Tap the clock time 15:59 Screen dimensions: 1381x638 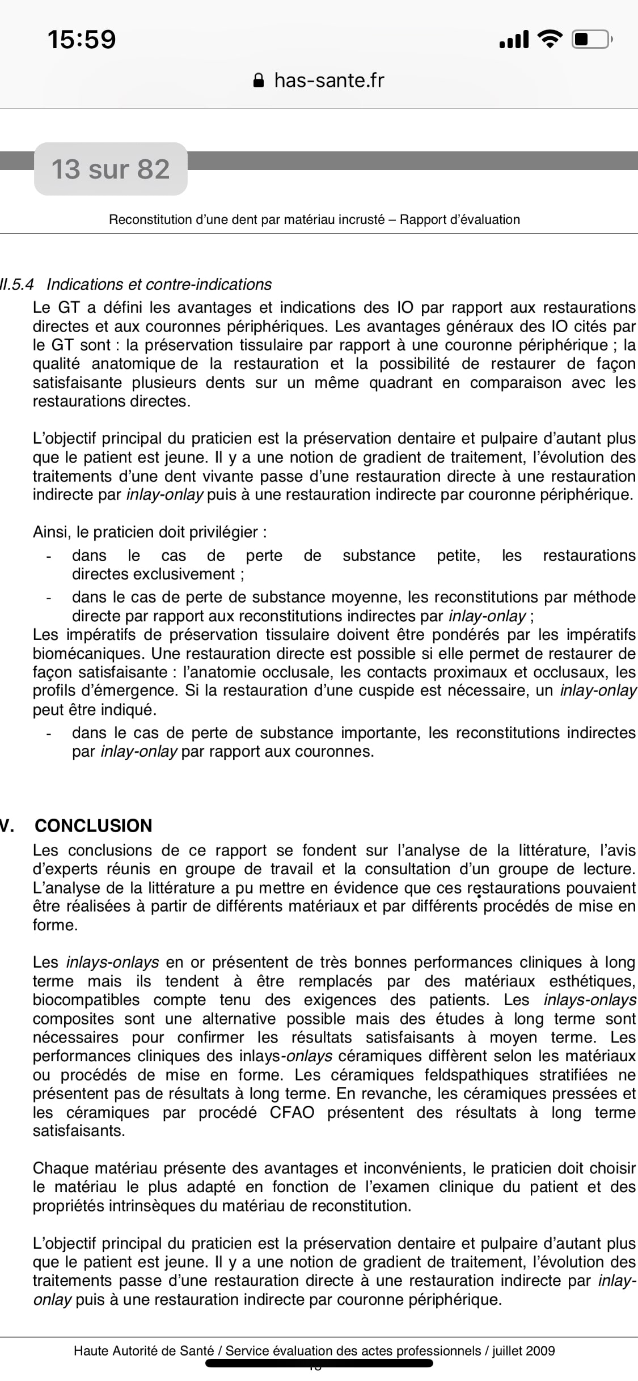(x=82, y=40)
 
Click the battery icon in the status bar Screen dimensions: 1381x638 (x=591, y=39)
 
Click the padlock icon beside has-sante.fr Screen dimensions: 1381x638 (x=259, y=81)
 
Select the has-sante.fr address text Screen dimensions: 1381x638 (x=329, y=81)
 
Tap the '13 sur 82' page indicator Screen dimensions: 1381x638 (x=111, y=169)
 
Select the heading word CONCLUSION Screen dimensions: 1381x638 (x=94, y=825)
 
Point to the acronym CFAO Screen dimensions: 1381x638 (x=291, y=1112)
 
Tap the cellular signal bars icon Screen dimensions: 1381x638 (x=514, y=40)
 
